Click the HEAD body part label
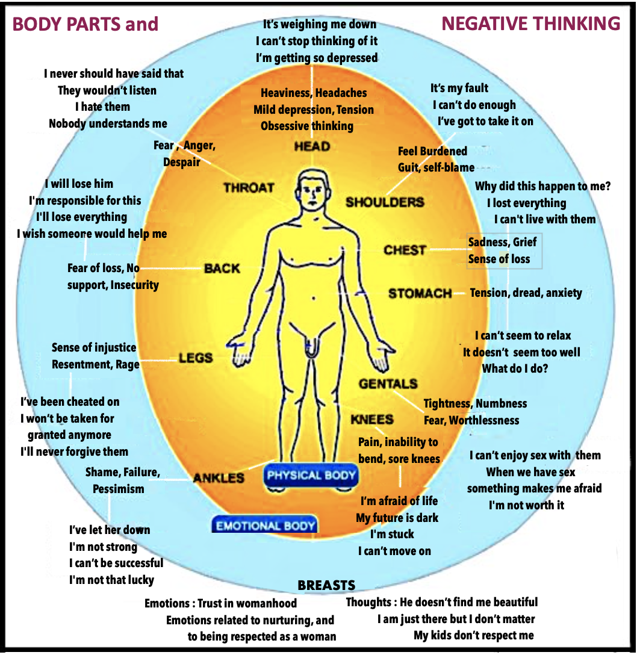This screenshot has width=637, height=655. click(312, 146)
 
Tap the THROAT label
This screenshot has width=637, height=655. click(249, 188)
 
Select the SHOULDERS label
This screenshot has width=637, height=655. click(385, 202)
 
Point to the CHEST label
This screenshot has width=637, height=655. click(405, 250)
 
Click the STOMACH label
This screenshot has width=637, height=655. click(420, 294)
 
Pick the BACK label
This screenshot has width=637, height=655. click(222, 269)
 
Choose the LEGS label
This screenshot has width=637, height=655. click(196, 358)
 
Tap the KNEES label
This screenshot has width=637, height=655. click(372, 420)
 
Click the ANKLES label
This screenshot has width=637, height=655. click(219, 479)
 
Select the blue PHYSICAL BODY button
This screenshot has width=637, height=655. click(311, 476)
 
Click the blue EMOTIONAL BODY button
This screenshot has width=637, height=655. click(266, 526)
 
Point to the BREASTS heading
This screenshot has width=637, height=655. click(326, 585)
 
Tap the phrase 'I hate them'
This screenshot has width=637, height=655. click(102, 107)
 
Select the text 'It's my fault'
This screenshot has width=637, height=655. click(459, 88)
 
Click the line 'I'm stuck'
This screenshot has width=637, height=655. click(392, 534)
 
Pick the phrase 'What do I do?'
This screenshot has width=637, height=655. click(515, 368)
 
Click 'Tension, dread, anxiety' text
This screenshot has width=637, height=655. click(526, 293)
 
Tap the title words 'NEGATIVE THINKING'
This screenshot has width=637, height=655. click(530, 23)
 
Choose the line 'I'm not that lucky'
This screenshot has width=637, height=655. click(111, 580)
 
